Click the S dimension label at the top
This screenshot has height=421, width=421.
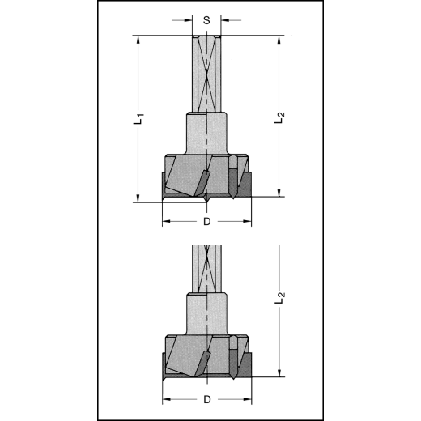(206, 19)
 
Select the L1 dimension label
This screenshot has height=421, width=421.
(138, 118)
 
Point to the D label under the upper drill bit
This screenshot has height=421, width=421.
(206, 220)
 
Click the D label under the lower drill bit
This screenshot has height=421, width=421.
(206, 399)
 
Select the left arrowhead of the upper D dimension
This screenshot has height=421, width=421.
(165, 220)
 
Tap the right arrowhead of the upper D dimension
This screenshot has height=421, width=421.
(248, 220)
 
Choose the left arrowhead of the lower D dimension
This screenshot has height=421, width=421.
(165, 399)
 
